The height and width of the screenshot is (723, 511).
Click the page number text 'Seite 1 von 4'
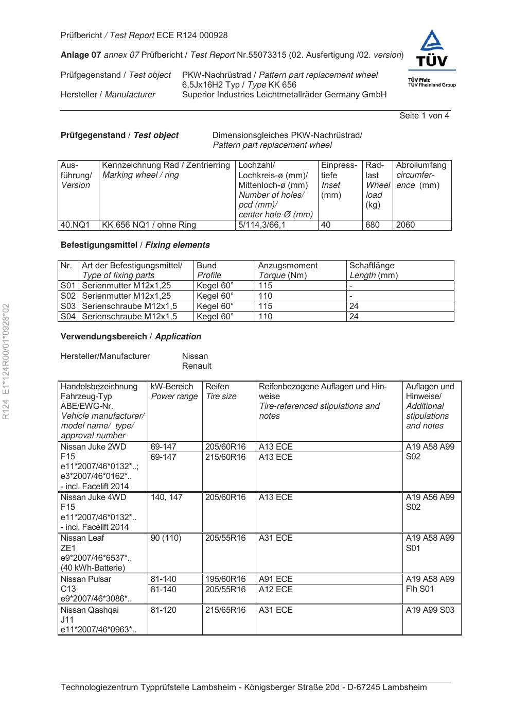point(424,116)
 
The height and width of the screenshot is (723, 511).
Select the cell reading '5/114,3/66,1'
point(261,225)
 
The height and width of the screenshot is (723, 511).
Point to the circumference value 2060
point(405,225)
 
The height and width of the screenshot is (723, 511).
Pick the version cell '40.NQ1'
point(75,225)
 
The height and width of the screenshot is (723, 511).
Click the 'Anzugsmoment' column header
point(288,266)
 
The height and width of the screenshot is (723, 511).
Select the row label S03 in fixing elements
point(68,306)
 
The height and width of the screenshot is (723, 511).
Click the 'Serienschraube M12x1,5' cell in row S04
point(130,316)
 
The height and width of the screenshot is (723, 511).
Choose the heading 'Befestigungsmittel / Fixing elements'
point(135,245)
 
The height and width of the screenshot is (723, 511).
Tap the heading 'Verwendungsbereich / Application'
point(131,337)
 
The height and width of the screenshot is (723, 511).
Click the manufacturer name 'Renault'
point(197,366)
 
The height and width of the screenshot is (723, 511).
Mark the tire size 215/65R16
point(225,610)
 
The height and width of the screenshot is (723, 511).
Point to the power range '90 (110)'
point(166,538)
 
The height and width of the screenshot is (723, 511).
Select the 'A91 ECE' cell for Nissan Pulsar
point(276,579)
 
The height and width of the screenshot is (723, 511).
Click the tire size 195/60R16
point(225,579)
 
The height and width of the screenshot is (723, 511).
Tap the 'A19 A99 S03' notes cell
point(430,610)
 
